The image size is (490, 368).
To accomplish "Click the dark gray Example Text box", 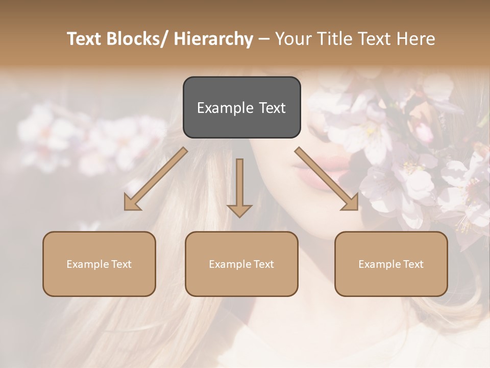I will pyautogui.click(x=241, y=107).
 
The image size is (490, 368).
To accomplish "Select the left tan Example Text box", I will pyautogui.click(x=99, y=264).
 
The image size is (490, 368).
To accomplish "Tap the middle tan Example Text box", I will pyautogui.click(x=241, y=264).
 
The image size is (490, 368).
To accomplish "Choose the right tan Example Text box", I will pyautogui.click(x=391, y=264).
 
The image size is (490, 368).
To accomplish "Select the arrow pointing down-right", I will pyautogui.click(x=327, y=179).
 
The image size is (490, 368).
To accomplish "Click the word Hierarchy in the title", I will pyautogui.click(x=213, y=39).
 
